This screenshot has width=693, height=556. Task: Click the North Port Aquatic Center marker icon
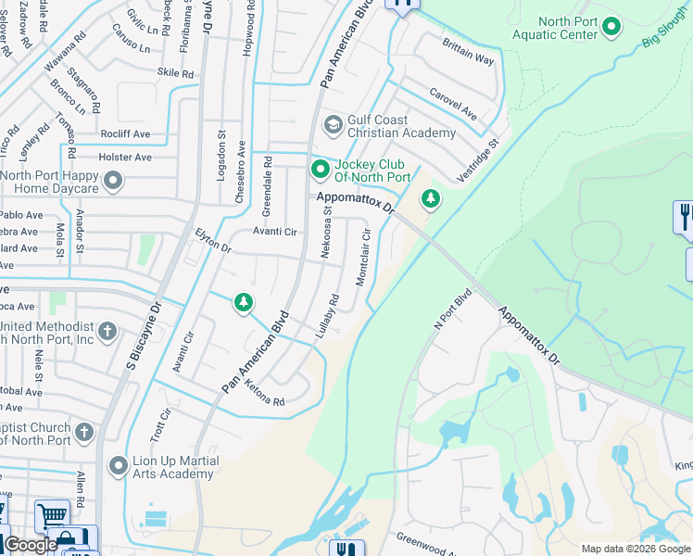pyautogui.click(x=611, y=28)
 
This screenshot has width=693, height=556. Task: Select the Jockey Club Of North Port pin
pyautogui.click(x=320, y=170)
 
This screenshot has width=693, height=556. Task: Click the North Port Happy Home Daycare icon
pyautogui.click(x=113, y=181)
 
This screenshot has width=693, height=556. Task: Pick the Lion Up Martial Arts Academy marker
pyautogui.click(x=118, y=466)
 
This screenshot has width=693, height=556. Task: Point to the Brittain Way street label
pyautogui.click(x=468, y=56)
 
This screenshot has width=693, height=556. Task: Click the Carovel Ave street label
pyautogui.click(x=452, y=103)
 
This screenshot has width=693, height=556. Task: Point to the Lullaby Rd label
pyautogui.click(x=328, y=315)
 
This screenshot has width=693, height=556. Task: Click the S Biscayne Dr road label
pyautogui.click(x=144, y=335)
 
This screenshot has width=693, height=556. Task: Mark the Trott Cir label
pyautogui.click(x=158, y=424)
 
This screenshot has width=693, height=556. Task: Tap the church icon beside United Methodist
pyautogui.click(x=107, y=331)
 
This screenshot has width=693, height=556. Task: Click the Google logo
pyautogui.click(x=30, y=545)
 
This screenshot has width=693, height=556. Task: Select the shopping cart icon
pyautogui.click(x=52, y=514)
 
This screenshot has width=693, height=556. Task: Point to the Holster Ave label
pyautogui.click(x=126, y=158)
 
